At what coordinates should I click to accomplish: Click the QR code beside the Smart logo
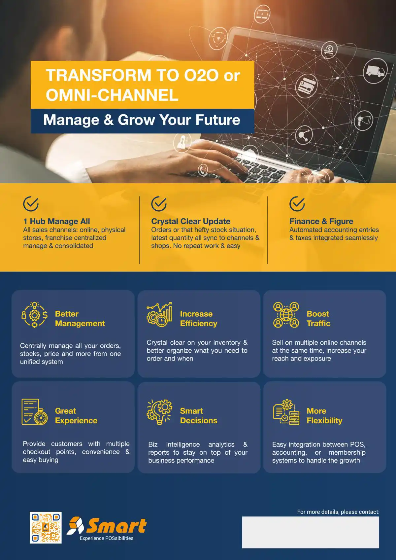(46, 528)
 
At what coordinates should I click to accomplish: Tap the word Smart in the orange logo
(116, 526)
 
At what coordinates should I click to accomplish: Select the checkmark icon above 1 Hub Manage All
(31, 204)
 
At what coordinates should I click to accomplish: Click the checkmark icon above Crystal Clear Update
(159, 204)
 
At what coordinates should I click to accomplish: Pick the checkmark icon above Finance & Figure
(297, 204)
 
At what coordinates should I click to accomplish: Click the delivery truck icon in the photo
(375, 71)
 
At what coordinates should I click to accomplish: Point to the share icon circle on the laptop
(304, 135)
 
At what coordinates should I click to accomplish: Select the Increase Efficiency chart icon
(159, 314)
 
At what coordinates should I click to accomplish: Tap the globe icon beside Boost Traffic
(286, 315)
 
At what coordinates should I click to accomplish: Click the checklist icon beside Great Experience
(34, 412)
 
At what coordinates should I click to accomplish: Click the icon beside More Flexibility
(286, 412)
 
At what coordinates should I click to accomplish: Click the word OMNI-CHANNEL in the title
(112, 95)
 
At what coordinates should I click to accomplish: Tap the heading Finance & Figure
(321, 221)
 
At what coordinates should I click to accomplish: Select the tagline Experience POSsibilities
(107, 538)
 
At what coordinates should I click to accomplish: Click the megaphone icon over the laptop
(364, 121)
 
